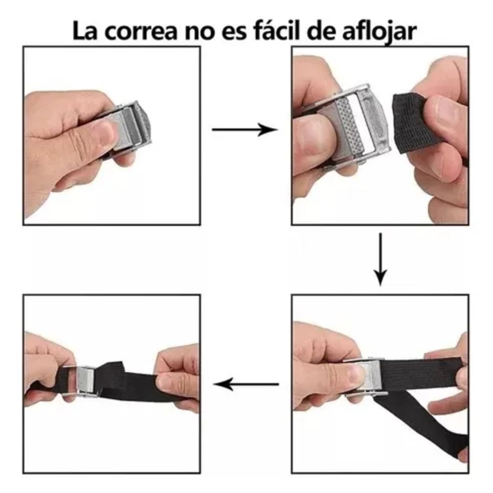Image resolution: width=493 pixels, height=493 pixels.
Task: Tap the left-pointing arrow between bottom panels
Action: pyautogui.click(x=246, y=385)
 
